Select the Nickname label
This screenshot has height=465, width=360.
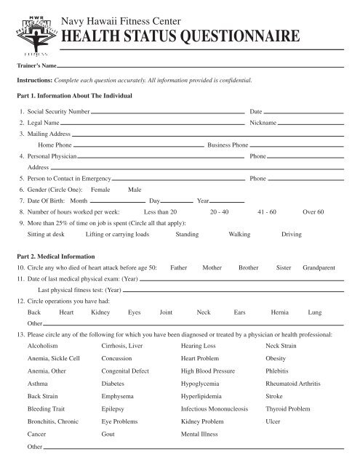click(263, 124)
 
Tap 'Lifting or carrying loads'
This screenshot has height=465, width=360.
click(117, 235)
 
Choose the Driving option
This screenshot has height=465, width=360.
click(292, 235)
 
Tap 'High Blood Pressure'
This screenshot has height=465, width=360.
click(208, 371)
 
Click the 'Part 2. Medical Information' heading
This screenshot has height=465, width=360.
click(57, 256)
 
